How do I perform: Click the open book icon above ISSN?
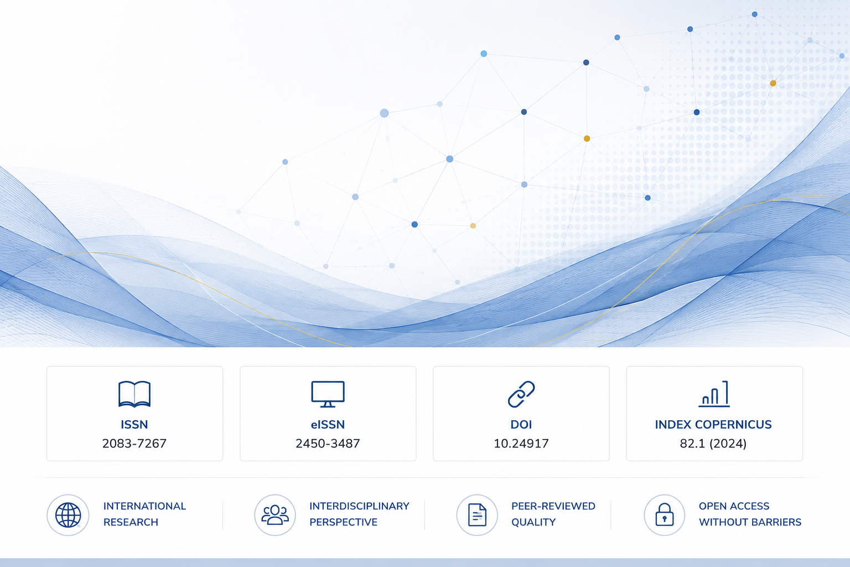pos(134,394)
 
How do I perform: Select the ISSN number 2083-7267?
pos(134,444)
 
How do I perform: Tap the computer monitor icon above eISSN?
pos(328,394)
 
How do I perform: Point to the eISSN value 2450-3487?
pos(328,444)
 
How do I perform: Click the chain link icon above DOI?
pos(521,394)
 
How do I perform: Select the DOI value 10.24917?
pos(521,444)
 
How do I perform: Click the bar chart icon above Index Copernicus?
pos(714,394)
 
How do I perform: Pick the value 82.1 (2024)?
pos(713,444)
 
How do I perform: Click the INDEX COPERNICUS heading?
pos(713,425)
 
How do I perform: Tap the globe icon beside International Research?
pos(68,515)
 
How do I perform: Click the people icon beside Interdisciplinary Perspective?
pos(275,515)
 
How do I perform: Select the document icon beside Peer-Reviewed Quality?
pos(478,515)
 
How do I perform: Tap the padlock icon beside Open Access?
pos(665,514)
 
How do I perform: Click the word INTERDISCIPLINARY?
pos(359,506)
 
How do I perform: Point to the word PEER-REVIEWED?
pos(553,506)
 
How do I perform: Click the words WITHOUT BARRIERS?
pos(750,522)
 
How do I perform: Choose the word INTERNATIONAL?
pos(144,506)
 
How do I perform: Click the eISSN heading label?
pos(328,425)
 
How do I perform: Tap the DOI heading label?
pos(521,425)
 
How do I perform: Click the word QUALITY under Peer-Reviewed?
pos(533,522)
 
